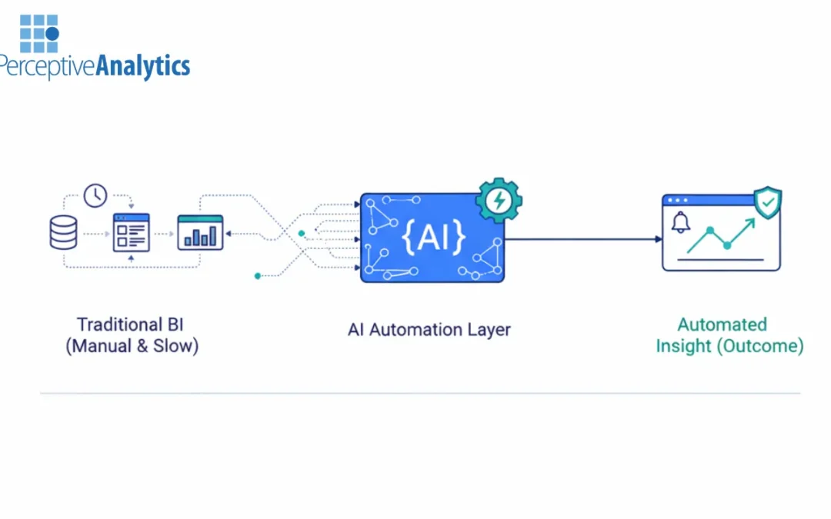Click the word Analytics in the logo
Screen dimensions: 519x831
point(142,66)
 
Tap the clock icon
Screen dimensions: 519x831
point(95,195)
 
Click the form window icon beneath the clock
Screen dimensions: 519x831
point(131,232)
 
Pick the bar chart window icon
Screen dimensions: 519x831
point(200,232)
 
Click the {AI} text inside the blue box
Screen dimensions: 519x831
point(433,238)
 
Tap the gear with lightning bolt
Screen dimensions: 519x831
point(499,201)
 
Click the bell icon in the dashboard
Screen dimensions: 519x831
point(680,223)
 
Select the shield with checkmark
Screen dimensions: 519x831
point(766,203)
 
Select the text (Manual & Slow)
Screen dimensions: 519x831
point(132,346)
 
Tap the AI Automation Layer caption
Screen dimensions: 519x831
point(429,330)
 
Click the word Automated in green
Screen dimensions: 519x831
point(722,324)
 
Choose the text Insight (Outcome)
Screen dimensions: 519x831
point(729,346)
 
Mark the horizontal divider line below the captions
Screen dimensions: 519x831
point(420,393)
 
